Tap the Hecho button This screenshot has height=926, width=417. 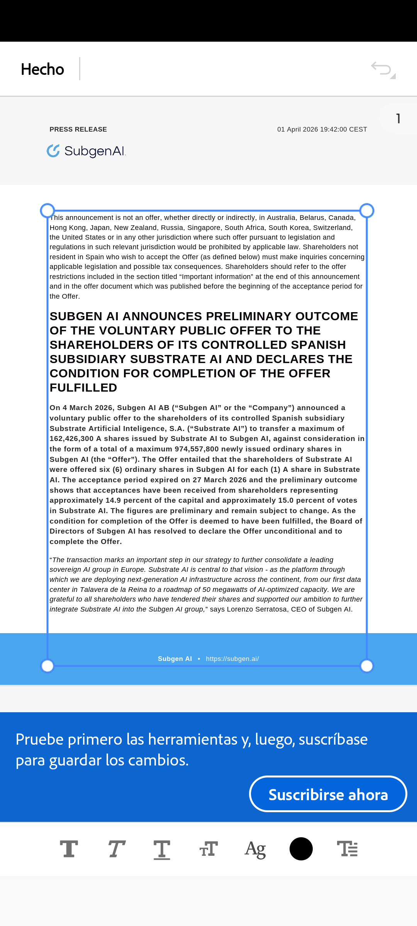coord(42,69)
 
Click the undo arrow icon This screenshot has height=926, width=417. coord(382,69)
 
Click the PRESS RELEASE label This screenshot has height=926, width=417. coord(78,130)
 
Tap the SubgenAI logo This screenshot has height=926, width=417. coord(86,151)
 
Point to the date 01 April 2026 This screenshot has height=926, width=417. coord(297,130)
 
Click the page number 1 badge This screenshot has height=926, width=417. coord(398,118)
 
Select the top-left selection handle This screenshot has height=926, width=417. coord(47,211)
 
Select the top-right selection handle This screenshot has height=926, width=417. coord(367,211)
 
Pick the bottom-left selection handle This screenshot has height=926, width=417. coord(47,666)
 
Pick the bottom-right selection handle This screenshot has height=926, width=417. coord(367,666)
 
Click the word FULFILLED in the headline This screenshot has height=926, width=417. coord(83,388)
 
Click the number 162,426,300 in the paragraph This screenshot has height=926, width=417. coord(72,439)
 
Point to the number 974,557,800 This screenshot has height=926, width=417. coord(197,449)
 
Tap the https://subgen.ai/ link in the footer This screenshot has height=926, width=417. coord(232,659)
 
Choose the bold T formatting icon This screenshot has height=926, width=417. coord(69,849)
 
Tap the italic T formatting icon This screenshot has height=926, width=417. coord(116,849)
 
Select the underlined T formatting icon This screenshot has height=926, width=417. coord(162,849)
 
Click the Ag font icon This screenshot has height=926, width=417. coord(255,849)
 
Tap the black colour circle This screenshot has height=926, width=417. coord(301,849)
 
